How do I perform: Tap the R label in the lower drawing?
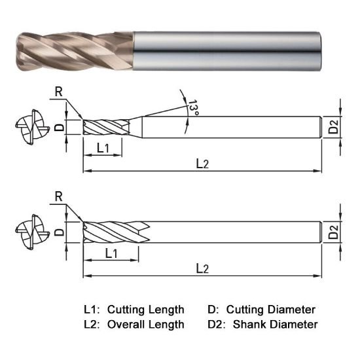coord(59,196)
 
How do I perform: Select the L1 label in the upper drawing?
coord(103,148)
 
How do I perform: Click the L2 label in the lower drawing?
coord(202,268)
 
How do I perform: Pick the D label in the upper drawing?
coord(58,128)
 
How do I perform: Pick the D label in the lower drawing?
coord(58,231)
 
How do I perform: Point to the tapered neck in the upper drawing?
coord(135,127)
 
